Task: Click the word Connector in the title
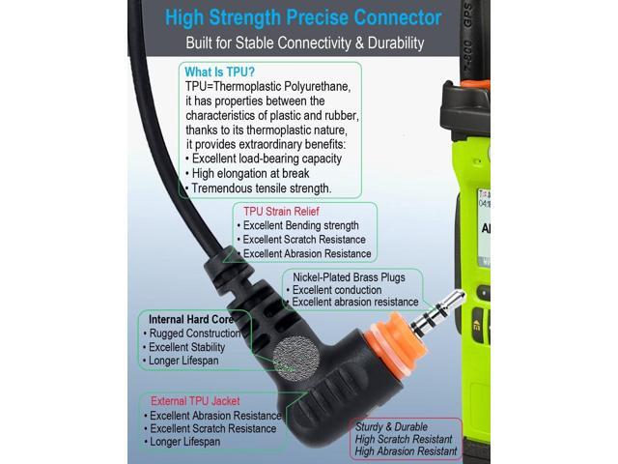tap(397, 17)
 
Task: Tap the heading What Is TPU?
tap(219, 72)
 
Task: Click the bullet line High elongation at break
tap(250, 174)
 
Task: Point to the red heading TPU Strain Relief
tap(281, 212)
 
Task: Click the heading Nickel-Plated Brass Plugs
tap(349, 277)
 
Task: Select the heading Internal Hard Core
tap(191, 319)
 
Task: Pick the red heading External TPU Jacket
tap(195, 401)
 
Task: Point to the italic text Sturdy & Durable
tap(391, 427)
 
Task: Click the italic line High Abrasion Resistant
tap(406, 451)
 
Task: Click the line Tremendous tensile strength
tap(261, 188)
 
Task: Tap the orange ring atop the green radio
tap(476, 84)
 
